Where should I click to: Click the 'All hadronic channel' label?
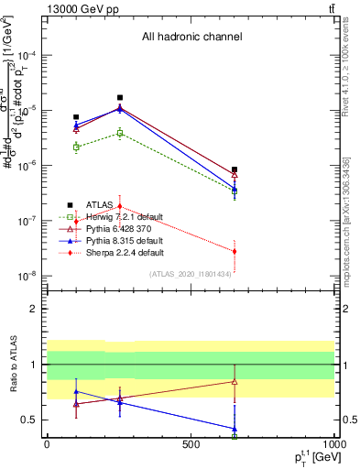191,38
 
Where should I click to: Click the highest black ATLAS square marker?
120,98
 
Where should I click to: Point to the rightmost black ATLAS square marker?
235,169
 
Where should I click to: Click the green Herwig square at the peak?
120,133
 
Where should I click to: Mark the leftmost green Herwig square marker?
76,147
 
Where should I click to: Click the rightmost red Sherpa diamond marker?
235,251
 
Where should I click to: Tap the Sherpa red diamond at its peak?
120,206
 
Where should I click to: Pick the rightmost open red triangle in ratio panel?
235,381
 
